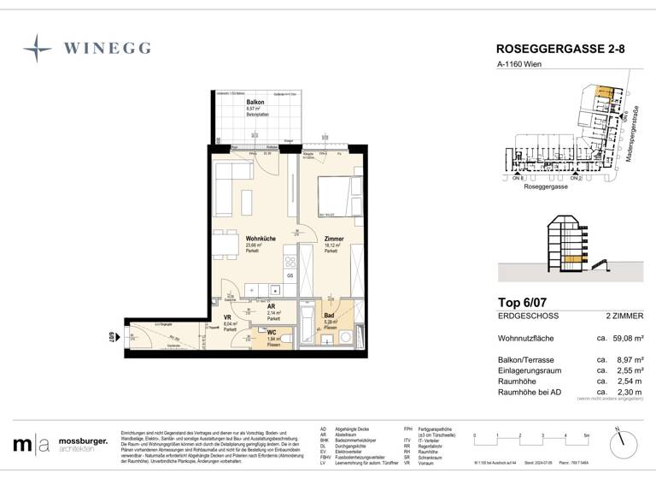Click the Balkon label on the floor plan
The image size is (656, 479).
coord(230,103)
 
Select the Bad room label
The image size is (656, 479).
coord(328,316)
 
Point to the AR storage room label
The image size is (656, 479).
coord(271,306)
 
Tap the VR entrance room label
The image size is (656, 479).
coord(227,316)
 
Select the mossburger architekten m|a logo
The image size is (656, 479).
coord(31,445)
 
